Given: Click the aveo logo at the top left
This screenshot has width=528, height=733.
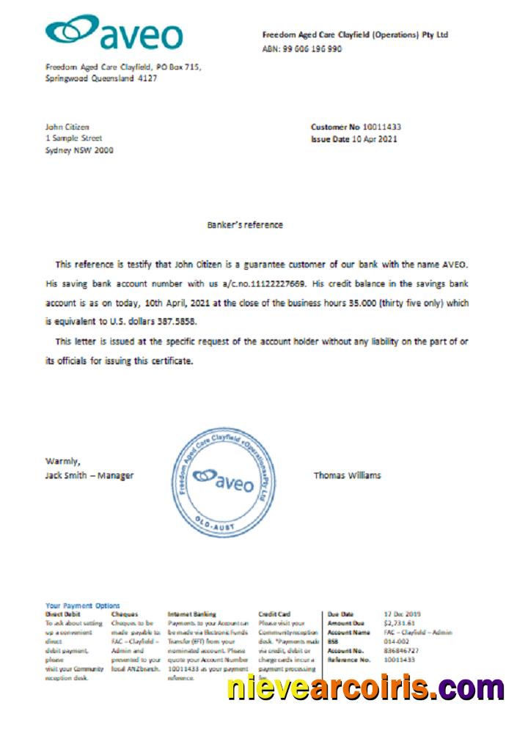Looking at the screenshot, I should (x=114, y=33).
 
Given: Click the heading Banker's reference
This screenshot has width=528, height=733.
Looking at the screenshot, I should (x=245, y=225).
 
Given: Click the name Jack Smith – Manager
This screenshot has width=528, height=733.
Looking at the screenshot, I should (x=89, y=475).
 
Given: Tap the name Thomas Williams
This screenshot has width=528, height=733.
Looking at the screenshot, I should (x=347, y=475).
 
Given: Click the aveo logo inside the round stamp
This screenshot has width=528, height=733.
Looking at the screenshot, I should (x=223, y=480).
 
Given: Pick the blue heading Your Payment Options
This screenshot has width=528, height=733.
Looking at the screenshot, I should (x=82, y=605).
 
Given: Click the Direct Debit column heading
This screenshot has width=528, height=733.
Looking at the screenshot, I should (x=63, y=614).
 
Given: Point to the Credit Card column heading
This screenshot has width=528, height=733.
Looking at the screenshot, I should (x=274, y=614).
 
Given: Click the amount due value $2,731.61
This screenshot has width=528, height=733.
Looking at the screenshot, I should (x=399, y=623).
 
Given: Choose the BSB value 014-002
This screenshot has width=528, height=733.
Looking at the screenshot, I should (x=397, y=641).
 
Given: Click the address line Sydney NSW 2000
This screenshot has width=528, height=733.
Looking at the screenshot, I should (x=79, y=150).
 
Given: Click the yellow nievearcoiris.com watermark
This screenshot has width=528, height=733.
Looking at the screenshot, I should (x=364, y=688).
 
